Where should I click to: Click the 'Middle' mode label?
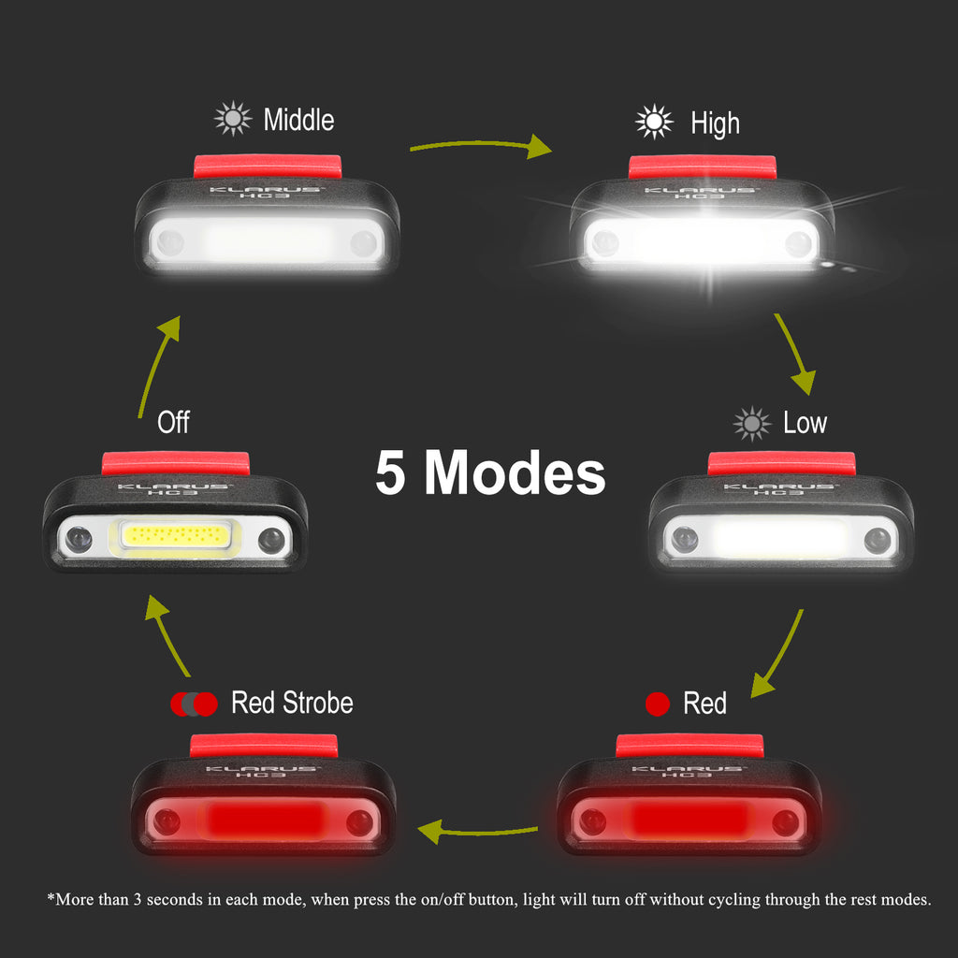pyautogui.click(x=298, y=120)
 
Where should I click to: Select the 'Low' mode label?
pyautogui.click(x=806, y=423)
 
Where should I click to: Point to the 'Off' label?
pyautogui.click(x=173, y=422)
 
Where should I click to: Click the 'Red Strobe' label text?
pyautogui.click(x=292, y=703)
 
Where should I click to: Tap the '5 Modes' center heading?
pyautogui.click(x=490, y=472)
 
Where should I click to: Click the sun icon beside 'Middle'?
pyautogui.click(x=233, y=119)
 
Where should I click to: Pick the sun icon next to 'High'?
pyautogui.click(x=654, y=122)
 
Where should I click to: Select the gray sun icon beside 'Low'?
pyautogui.click(x=752, y=424)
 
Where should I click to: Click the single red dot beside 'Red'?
pyautogui.click(x=658, y=704)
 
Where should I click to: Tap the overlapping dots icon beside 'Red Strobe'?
pyautogui.click(x=194, y=704)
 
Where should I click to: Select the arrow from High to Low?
pyautogui.click(x=792, y=352)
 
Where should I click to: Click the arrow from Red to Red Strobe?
pyautogui.click(x=476, y=832)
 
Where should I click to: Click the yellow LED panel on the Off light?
pyautogui.click(x=176, y=536)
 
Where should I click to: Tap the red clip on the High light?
pyautogui.click(x=703, y=167)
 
